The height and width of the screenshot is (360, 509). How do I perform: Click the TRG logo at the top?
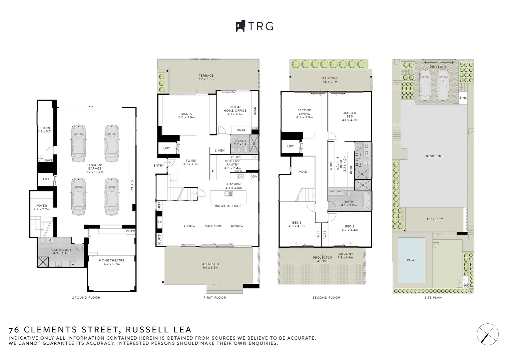click(x=255, y=26)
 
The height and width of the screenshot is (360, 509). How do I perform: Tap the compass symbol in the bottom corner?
click(x=487, y=334)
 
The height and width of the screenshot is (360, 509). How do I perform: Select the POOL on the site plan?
click(x=411, y=260)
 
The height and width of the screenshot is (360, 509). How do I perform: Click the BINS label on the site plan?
click(x=463, y=98)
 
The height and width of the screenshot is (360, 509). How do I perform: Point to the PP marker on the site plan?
click(x=466, y=285)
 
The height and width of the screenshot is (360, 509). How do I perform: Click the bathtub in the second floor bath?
click(x=366, y=201)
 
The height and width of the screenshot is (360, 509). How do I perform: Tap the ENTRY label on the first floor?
click(x=159, y=166)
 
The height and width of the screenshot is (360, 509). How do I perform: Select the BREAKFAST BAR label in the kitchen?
click(x=228, y=206)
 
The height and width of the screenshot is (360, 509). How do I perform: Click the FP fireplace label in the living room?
click(x=160, y=222)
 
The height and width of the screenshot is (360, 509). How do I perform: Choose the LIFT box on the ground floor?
click(x=46, y=179)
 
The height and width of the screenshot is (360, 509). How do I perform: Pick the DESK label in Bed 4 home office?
click(x=255, y=111)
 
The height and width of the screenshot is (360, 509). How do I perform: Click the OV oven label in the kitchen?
click(x=255, y=176)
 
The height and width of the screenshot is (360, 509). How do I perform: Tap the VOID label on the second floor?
click(x=303, y=172)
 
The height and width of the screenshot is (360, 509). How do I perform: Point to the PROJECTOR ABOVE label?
click(x=322, y=259)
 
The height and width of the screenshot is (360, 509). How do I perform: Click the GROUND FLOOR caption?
click(x=86, y=298)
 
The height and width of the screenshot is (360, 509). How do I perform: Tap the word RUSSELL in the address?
click(x=145, y=330)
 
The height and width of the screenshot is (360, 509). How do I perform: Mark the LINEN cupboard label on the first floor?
click(x=220, y=151)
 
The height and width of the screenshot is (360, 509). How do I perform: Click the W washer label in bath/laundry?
click(x=73, y=264)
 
